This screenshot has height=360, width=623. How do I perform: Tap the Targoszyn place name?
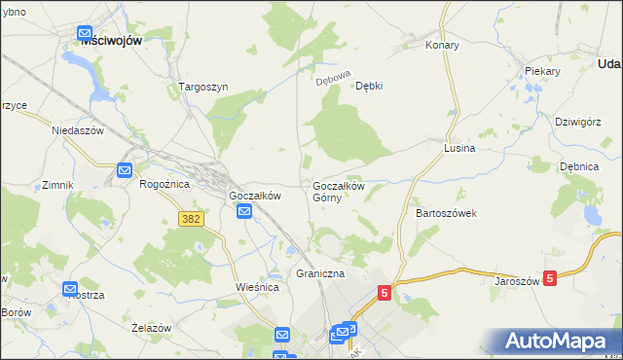click(x=202, y=87)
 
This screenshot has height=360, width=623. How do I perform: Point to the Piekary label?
click(x=541, y=71)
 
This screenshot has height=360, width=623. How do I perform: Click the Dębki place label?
click(x=368, y=86)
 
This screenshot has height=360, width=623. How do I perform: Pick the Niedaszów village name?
click(x=78, y=128)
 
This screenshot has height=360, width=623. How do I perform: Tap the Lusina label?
click(x=458, y=148)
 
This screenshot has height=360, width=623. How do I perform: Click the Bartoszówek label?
click(x=446, y=212)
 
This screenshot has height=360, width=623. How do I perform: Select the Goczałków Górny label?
click(x=338, y=192)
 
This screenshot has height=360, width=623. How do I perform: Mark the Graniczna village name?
click(x=320, y=274)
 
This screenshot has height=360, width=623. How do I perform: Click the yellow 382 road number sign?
click(x=191, y=219)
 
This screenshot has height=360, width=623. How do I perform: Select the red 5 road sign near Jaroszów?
click(x=550, y=278)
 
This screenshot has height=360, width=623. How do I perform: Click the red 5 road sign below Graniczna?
click(x=384, y=292)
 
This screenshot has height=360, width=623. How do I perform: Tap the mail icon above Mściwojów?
click(x=85, y=30)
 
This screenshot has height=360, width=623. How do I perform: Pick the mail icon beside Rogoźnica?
click(x=125, y=170)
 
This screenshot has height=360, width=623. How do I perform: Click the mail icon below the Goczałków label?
click(x=247, y=211)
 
